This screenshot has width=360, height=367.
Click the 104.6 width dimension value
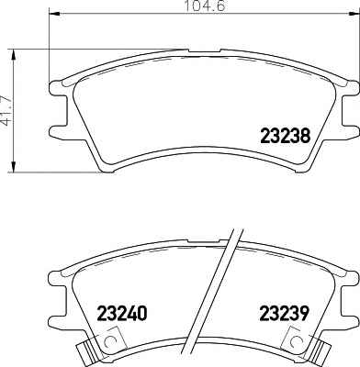point(205,6)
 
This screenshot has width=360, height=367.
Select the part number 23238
point(285,136)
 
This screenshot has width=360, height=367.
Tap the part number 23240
point(122,314)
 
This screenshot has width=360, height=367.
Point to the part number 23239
point(284,314)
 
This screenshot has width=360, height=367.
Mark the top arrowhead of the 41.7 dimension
point(13,55)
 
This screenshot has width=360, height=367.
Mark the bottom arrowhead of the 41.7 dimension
point(13,166)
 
